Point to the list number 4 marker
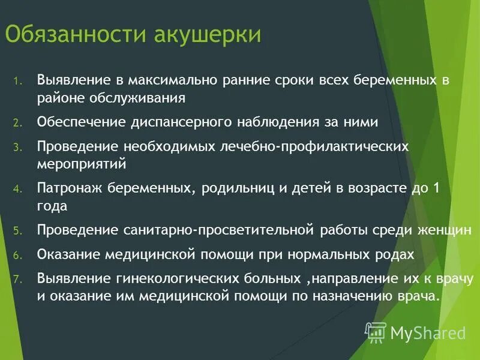[x=18, y=189]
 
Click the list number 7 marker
[x=18, y=280]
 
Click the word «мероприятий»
[x=81, y=163]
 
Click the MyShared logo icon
[x=376, y=332]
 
